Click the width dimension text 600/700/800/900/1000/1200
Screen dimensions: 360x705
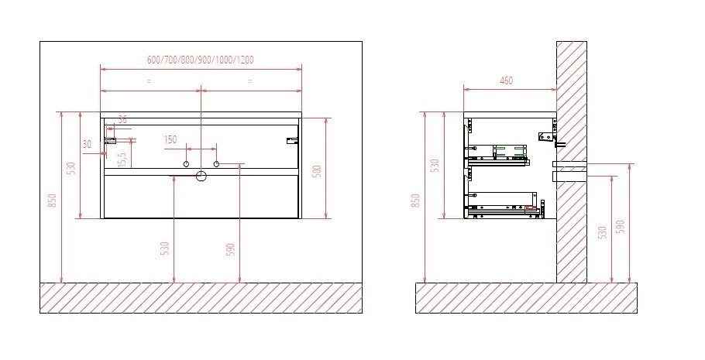(x=201, y=60)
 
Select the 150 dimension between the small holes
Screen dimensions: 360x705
(x=170, y=139)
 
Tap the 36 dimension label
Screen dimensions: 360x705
(x=122, y=119)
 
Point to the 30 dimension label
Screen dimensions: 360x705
(x=87, y=144)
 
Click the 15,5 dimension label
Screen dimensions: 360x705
(x=121, y=159)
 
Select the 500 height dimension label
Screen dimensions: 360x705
(x=316, y=170)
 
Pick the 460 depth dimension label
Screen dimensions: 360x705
(x=507, y=81)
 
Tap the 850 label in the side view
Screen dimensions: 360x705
(x=415, y=200)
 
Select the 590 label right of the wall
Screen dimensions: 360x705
(x=620, y=226)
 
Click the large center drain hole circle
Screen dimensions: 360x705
(x=201, y=176)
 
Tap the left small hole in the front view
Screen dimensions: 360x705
(x=187, y=164)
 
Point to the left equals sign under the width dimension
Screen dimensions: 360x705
(x=149, y=81)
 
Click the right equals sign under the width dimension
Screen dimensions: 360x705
(x=249, y=81)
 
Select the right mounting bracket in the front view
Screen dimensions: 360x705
(x=292, y=140)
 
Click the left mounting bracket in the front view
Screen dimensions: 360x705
(x=111, y=140)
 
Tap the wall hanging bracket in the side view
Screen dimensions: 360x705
(x=545, y=137)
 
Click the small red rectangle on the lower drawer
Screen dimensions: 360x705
(x=530, y=207)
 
